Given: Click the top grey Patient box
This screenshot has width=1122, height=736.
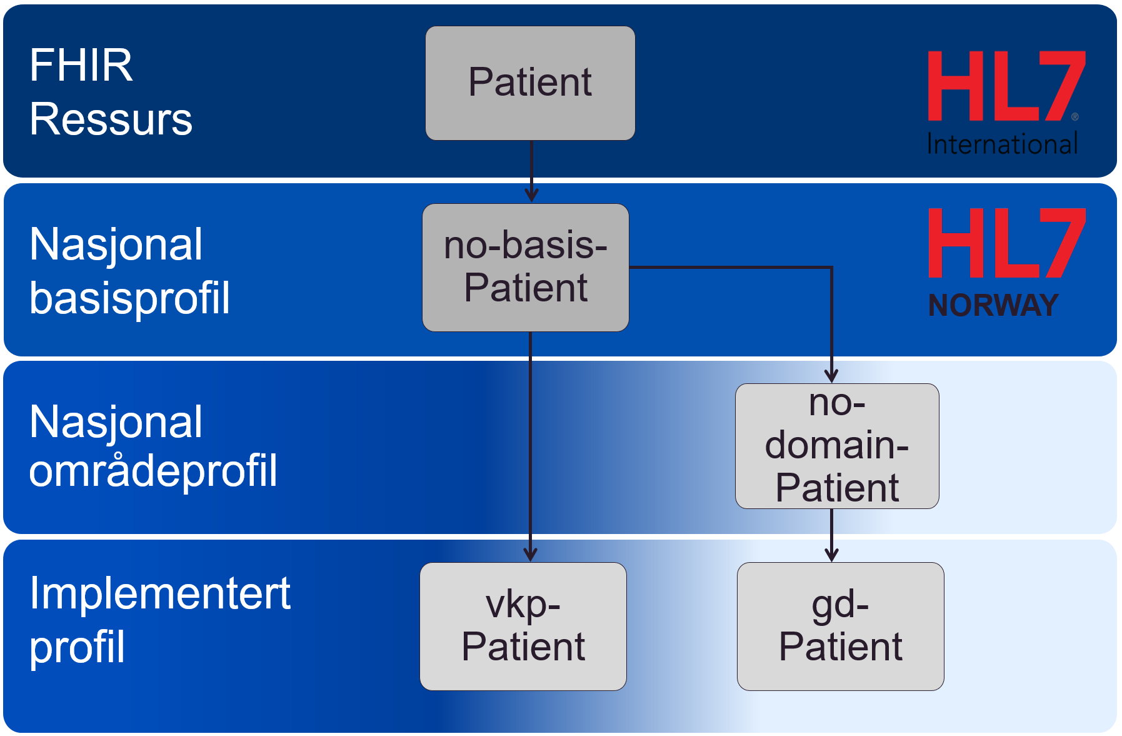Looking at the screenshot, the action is pos(530,83).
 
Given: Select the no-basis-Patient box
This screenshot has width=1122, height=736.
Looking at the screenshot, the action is pos(526,268).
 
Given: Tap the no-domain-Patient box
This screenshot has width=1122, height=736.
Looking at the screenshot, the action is pos(837,446).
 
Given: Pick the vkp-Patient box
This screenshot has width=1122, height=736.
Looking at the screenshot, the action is pos(523,626).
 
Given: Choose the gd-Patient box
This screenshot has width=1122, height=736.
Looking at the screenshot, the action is pos(841,626).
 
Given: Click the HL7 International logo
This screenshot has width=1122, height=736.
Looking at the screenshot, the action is pos(1006,103).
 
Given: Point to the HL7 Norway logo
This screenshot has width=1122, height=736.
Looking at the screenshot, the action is pos(1007,263).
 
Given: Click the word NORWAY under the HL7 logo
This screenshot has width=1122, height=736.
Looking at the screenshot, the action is pos(993,306).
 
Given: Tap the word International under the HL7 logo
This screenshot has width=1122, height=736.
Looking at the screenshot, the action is pos(1003,144).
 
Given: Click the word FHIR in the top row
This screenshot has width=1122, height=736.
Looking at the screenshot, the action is pos(81,65).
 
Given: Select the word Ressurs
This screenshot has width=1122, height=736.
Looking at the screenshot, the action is pos(111,119).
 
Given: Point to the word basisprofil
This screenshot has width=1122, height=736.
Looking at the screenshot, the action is pos(129,298).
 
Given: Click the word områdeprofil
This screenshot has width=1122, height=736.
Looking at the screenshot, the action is pos(153,470).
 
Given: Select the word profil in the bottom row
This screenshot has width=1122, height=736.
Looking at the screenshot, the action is pos(78,647).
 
